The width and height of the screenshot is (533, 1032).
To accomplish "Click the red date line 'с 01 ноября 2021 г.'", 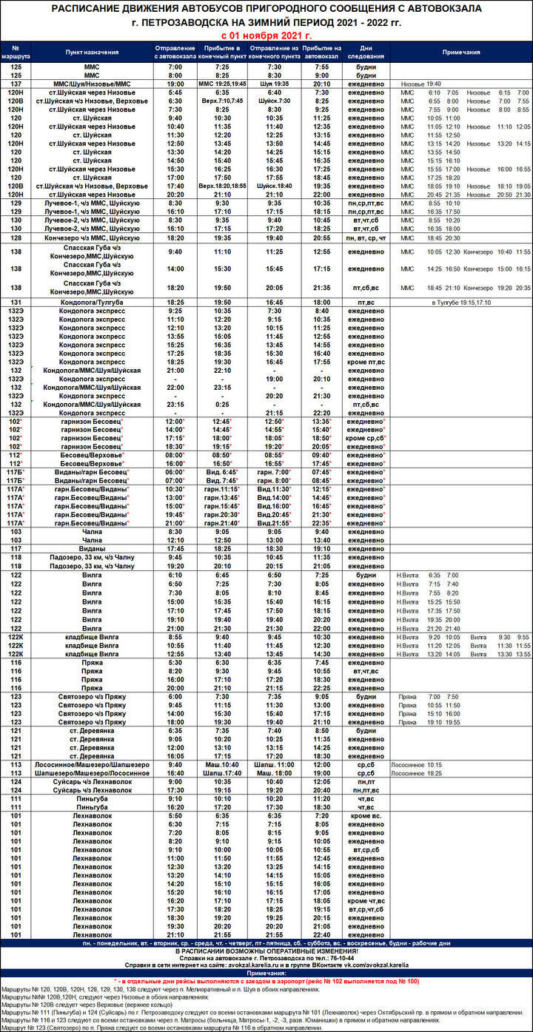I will tap(266, 35).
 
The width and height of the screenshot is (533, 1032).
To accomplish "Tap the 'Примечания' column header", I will tap(461, 53).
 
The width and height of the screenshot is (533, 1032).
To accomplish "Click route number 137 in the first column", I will tap(16, 84).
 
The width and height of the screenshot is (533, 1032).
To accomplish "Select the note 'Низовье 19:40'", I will tap(420, 84).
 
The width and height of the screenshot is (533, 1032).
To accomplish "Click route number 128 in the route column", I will tap(16, 238).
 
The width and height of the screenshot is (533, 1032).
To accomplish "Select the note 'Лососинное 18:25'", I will tap(416, 772).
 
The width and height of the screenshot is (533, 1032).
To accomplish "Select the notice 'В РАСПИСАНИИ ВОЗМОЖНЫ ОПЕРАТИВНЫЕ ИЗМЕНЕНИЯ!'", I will tap(266, 951).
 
